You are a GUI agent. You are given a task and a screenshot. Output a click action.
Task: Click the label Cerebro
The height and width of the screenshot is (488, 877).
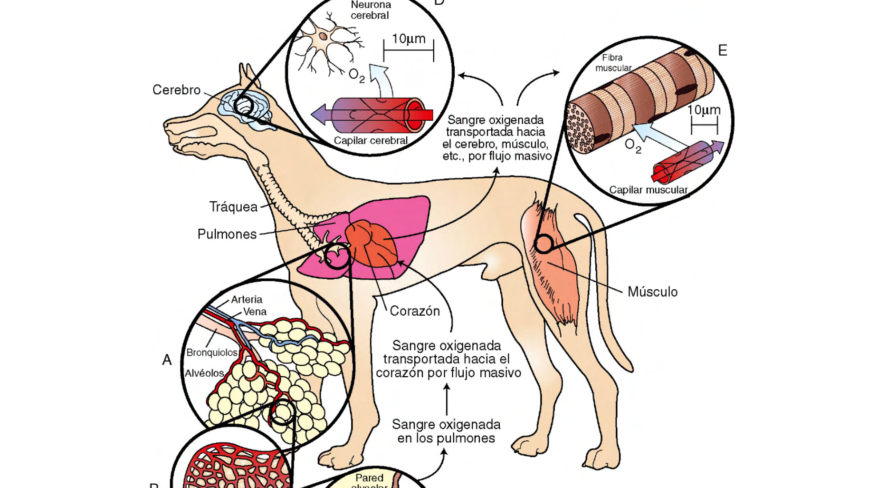tap(176, 90)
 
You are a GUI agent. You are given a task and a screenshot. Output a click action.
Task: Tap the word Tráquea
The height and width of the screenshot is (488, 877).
tap(233, 207)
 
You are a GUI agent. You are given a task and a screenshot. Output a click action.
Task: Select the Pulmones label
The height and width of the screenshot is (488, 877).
tap(227, 234)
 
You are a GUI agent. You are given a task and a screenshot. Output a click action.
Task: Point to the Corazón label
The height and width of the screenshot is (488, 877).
tap(415, 311)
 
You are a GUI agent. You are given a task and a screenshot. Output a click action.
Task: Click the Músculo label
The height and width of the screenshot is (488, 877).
tap(652, 292)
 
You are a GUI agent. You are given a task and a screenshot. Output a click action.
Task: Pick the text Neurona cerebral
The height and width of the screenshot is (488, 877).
tap(371, 10)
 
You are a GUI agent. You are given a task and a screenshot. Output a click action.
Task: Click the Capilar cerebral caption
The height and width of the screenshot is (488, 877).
tap(371, 141)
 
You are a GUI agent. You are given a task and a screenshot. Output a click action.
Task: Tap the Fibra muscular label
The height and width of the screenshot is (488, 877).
tap(613, 63)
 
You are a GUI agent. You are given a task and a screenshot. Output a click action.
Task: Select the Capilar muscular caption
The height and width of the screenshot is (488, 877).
tap(648, 190)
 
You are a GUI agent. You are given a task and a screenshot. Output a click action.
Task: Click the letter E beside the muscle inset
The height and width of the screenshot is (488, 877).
tap(723, 50)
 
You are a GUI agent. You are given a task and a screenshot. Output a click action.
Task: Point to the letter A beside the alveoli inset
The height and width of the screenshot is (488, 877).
tap(167, 360)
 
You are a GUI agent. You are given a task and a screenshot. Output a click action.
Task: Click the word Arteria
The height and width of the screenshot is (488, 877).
tap(247, 300)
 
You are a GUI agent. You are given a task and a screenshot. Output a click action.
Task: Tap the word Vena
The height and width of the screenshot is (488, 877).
tap(255, 312)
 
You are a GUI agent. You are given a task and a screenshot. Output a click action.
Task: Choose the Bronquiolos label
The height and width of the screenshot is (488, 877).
tap(212, 352)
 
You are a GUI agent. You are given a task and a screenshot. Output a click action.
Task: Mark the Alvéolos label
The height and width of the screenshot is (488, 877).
tap(204, 373)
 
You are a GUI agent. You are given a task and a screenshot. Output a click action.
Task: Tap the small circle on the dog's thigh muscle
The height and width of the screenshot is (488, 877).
tap(543, 244)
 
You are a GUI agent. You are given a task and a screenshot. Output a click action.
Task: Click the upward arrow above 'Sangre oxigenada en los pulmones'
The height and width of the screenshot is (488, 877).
tap(447, 400)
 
